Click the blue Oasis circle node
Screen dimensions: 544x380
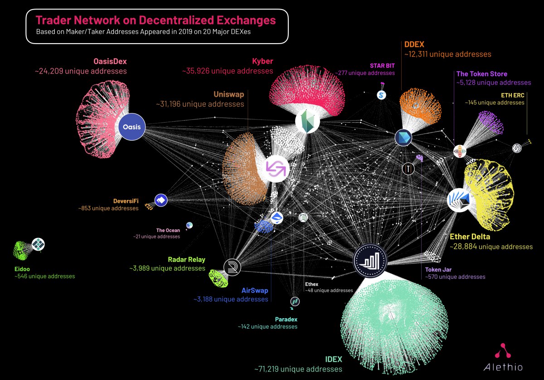pyautogui.click(x=132, y=127)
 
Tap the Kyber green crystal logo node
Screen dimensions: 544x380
pyautogui.click(x=307, y=121)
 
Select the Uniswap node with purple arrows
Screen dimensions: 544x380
pyautogui.click(x=276, y=168)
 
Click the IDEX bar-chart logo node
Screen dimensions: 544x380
pyautogui.click(x=370, y=261)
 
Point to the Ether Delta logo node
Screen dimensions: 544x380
pyautogui.click(x=459, y=200)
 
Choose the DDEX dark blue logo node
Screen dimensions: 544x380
pyautogui.click(x=403, y=138)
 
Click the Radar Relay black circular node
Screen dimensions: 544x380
pyautogui.click(x=232, y=267)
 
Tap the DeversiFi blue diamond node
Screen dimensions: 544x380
pyautogui.click(x=161, y=200)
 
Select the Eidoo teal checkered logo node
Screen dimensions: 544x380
pyautogui.click(x=38, y=244)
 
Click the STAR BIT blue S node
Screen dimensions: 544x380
pyautogui.click(x=381, y=95)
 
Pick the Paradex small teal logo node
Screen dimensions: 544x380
pyautogui.click(x=295, y=301)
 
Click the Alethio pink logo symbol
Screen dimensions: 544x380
pyautogui.click(x=502, y=351)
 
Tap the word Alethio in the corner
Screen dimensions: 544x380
pyautogui.click(x=503, y=367)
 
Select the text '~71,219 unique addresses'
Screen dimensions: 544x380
pyautogui.click(x=298, y=369)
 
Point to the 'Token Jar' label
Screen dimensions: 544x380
pyautogui.click(x=438, y=270)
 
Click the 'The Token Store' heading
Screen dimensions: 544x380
pyautogui.click(x=482, y=74)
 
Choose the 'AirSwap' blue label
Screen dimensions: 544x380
pyautogui.click(x=255, y=291)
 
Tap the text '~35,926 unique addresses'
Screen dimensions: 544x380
pyautogui.click(x=228, y=71)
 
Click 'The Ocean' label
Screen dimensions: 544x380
pyautogui.click(x=168, y=230)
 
